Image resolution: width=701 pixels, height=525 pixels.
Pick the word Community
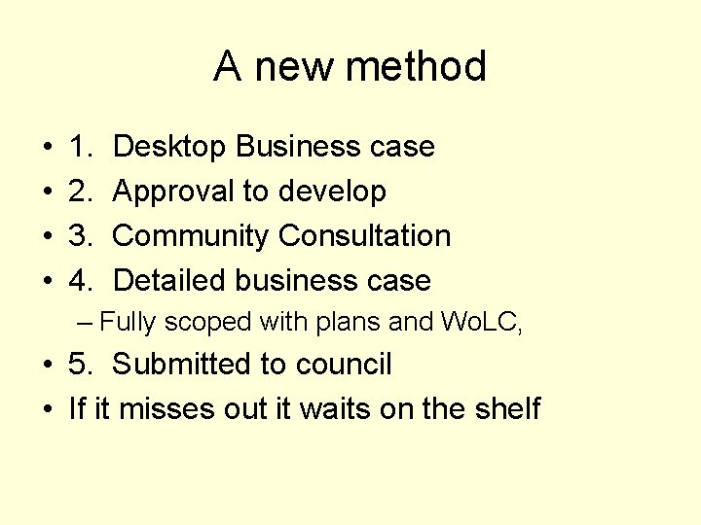pyautogui.click(x=191, y=236)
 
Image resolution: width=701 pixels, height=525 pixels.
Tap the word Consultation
pyautogui.click(x=364, y=236)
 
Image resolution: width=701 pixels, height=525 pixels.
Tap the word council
pyautogui.click(x=342, y=365)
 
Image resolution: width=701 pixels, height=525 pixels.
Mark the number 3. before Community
pyautogui.click(x=81, y=236)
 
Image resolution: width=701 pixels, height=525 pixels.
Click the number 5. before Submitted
pyautogui.click(x=81, y=365)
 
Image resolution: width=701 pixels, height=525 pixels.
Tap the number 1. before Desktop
pyautogui.click(x=81, y=147)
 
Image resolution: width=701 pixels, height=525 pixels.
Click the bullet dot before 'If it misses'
pyautogui.click(x=48, y=409)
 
